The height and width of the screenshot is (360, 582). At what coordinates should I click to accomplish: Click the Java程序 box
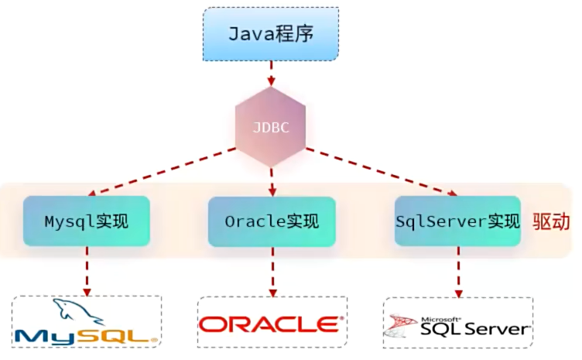[271, 35]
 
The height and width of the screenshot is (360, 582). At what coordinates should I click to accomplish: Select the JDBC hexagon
[271, 126]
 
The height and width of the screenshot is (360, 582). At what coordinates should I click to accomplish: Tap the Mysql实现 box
[86, 221]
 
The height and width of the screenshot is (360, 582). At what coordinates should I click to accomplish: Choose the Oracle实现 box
[272, 221]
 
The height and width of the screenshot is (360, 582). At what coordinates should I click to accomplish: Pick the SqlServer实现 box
[457, 221]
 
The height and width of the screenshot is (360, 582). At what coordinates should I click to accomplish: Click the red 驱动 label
[552, 221]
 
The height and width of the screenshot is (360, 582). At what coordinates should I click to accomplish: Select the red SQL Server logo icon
[402, 326]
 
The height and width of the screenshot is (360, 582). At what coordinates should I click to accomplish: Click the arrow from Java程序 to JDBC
[271, 74]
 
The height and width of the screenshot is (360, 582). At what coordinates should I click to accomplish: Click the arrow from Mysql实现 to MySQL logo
[86, 270]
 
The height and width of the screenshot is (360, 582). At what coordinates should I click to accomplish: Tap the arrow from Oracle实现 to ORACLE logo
[272, 270]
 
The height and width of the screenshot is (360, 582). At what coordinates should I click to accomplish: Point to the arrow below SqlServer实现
[457, 270]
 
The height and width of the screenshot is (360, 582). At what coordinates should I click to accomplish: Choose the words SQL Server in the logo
[474, 330]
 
